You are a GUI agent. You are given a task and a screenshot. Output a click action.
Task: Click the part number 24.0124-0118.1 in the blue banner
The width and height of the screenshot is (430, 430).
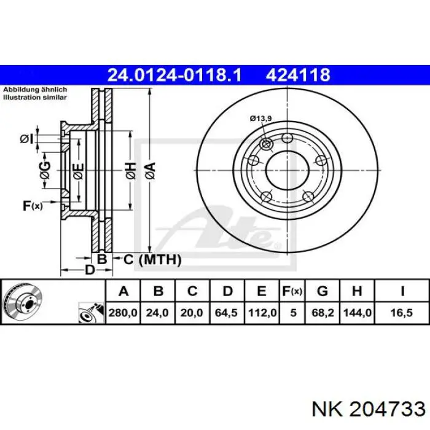pos(174,75)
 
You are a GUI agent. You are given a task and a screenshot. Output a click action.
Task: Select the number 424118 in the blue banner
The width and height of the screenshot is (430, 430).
pos(298,75)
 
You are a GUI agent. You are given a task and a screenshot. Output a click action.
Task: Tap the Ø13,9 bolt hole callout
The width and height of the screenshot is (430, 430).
pos(261,119)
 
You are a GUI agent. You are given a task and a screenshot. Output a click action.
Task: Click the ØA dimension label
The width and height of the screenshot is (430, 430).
pos(150,171)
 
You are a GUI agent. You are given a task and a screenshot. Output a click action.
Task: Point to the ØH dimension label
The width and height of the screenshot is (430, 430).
pos(131,171)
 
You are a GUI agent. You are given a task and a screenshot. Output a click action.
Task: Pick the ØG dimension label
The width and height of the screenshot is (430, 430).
pos(45,170)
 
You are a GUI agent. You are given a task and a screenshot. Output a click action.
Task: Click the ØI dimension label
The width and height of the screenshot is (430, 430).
pos(26,139)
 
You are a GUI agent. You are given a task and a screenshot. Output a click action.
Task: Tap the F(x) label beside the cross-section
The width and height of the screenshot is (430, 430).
pos(33,205)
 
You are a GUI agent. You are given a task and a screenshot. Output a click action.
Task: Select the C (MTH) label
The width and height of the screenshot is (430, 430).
pos(152,259)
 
